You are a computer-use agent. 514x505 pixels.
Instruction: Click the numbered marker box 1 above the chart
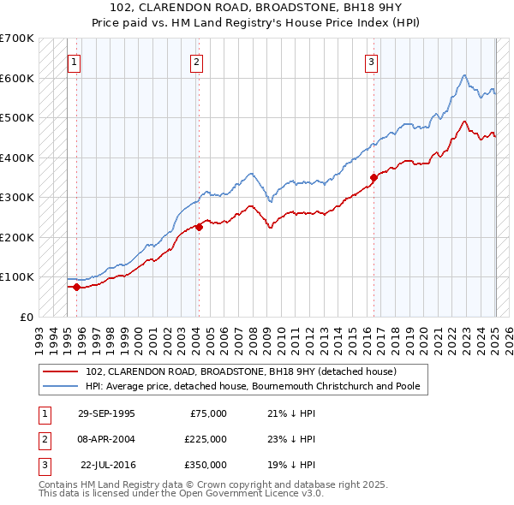coord(75,62)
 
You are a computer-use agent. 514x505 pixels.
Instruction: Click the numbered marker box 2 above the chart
coord(197,62)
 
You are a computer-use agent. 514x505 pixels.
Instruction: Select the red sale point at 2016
coord(374,178)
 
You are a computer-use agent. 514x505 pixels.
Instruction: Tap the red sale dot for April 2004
coord(199,227)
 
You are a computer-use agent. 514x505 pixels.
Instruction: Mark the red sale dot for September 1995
coord(76,287)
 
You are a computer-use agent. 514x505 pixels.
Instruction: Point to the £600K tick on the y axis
coord(17,78)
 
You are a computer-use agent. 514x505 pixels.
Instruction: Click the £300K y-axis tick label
coord(17,197)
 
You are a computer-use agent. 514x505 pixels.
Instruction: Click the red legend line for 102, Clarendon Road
coord(62,372)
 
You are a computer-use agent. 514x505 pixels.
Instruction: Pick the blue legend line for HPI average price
coord(62,386)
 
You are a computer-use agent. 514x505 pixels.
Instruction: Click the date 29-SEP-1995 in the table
coord(106,413)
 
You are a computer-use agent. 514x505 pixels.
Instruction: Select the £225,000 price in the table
coord(206,439)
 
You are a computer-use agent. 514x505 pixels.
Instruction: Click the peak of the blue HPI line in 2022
coord(463,75)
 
